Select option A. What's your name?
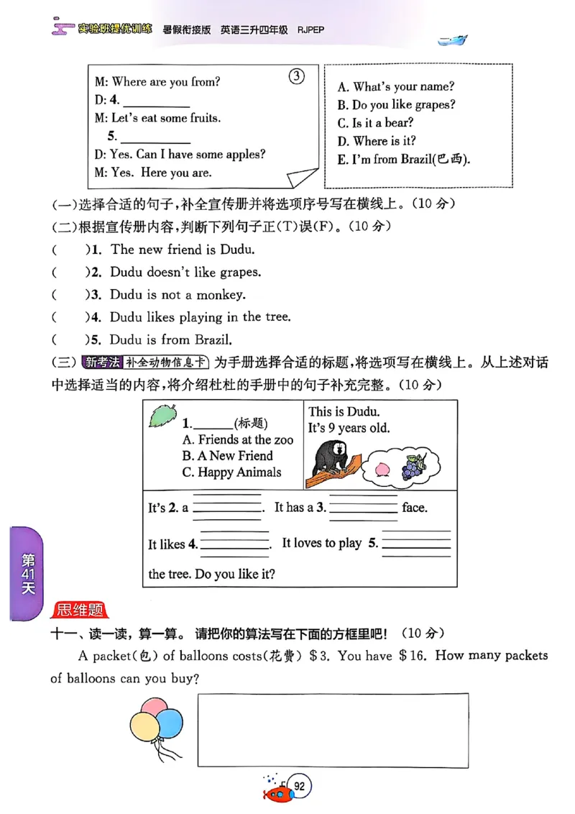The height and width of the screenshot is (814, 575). tap(396, 86)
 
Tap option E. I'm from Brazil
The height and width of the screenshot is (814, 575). tap(404, 160)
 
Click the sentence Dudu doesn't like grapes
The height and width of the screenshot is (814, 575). tap(185, 273)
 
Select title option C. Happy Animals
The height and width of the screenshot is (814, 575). tap(231, 472)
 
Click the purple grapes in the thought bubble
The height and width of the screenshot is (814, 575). tap(413, 467)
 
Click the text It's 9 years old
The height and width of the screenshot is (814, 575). tap(349, 428)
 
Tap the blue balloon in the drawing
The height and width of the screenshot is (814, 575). tap(169, 722)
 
